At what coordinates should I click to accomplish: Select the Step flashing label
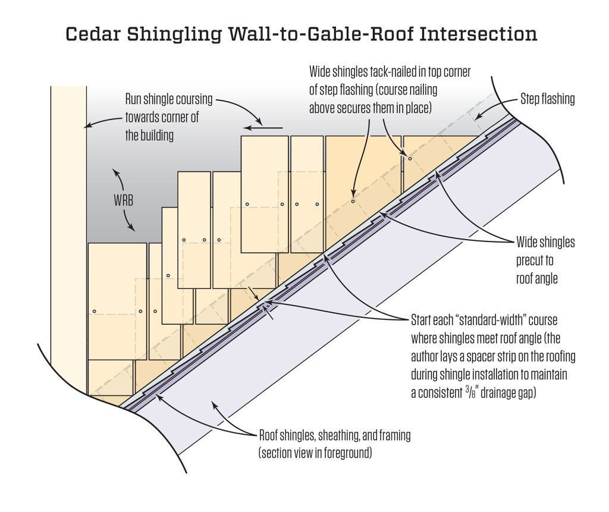[x=547, y=99]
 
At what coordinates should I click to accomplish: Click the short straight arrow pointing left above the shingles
[x=262, y=126]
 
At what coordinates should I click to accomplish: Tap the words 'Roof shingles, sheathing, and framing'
[x=334, y=436]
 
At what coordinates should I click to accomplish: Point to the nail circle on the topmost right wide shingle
[x=410, y=158]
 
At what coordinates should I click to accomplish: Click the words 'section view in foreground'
[x=315, y=453]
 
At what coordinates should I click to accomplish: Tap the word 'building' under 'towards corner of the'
[x=149, y=135]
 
